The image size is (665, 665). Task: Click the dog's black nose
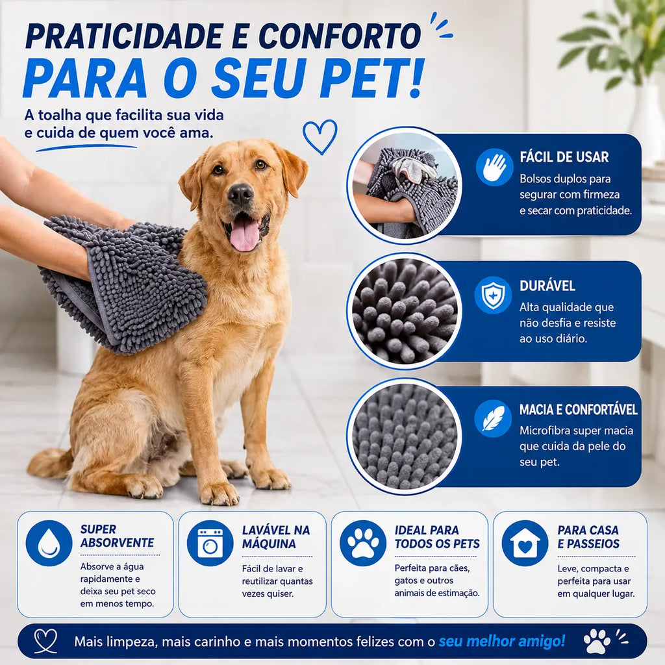[240, 194]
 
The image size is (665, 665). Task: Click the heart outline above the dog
[320, 136]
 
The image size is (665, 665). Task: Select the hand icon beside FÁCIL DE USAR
[494, 167]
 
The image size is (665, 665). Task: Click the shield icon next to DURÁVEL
[493, 295]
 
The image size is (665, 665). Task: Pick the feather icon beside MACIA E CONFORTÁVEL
[493, 419]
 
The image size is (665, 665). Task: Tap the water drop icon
[49, 543]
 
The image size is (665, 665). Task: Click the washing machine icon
[210, 543]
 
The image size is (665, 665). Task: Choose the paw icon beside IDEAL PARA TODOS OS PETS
[362, 543]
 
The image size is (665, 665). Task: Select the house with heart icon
[525, 543]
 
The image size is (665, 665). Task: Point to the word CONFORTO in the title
[340, 36]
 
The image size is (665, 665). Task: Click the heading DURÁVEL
[547, 286]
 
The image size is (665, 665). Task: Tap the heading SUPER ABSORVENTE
[118, 536]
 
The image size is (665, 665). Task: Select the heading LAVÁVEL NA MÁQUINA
[276, 536]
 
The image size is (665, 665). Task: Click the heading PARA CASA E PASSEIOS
[588, 536]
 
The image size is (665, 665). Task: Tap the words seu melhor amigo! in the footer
[502, 641]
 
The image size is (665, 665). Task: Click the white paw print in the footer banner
[597, 641]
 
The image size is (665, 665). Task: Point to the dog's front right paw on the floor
[220, 494]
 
